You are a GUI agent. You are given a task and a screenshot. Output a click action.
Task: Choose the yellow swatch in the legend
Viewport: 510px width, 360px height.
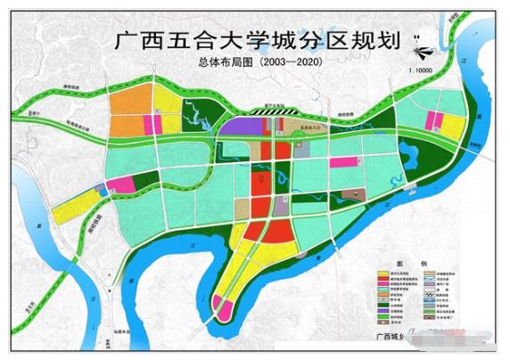point(384,274)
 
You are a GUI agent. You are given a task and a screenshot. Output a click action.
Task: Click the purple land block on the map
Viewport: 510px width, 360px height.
point(239,127)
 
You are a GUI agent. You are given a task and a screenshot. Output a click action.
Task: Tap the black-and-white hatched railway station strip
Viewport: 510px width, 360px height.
point(267,114)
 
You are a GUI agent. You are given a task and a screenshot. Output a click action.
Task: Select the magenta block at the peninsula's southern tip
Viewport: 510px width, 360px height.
point(224,311)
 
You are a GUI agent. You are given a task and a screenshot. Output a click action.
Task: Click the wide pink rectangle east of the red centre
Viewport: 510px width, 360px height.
point(342,162)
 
